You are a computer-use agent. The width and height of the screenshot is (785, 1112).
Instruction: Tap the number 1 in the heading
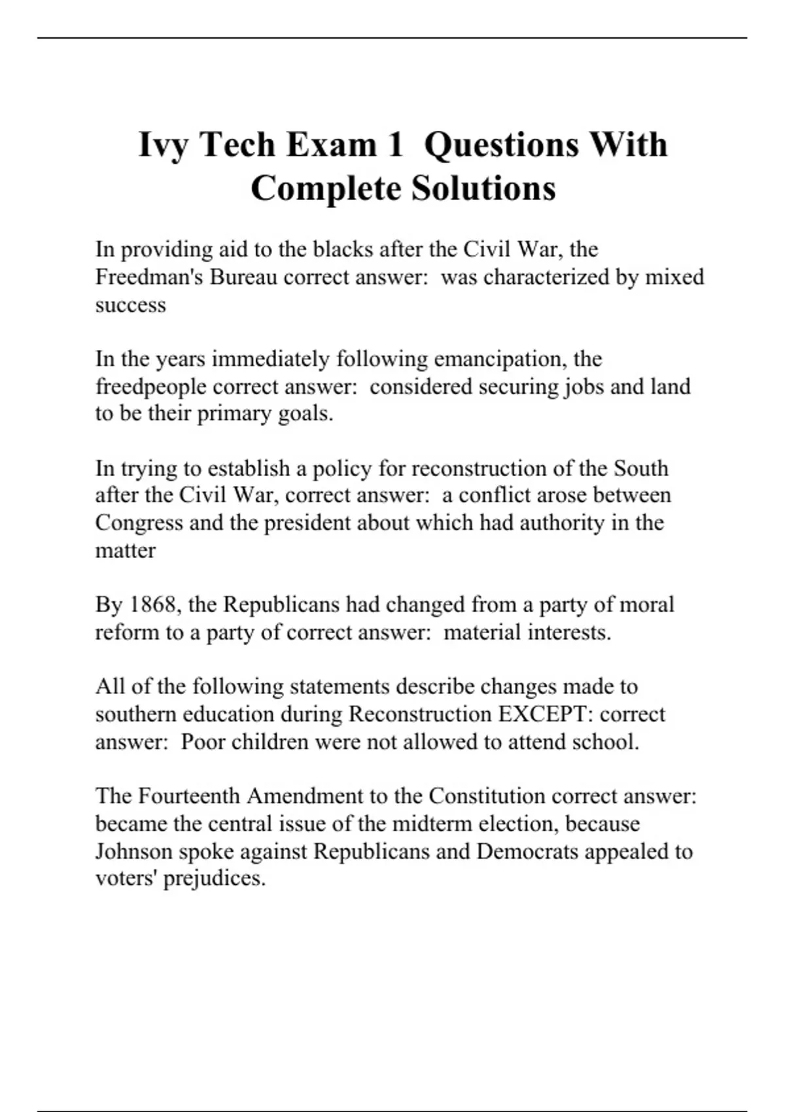pos(394,145)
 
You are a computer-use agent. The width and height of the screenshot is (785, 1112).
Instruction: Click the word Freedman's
pos(149,277)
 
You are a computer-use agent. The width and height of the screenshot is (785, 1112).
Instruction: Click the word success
pos(130,305)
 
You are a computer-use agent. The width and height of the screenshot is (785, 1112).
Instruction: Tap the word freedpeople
pos(151,387)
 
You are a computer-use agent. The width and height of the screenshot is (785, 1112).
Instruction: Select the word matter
pos(125,551)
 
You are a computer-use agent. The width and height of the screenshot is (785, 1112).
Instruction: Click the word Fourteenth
pos(190,796)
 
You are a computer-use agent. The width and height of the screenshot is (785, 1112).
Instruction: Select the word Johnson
pos(133,852)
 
